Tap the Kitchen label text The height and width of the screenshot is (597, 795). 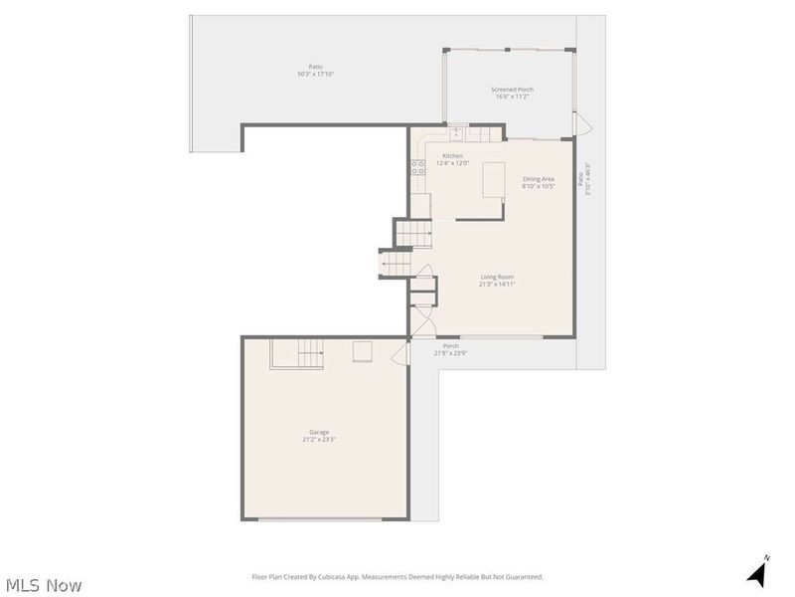pyautogui.click(x=452, y=159)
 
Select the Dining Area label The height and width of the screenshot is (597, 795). pyautogui.click(x=539, y=182)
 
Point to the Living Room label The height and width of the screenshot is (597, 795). pyautogui.click(x=497, y=281)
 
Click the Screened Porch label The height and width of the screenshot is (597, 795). pyautogui.click(x=512, y=93)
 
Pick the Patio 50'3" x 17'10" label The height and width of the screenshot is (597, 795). pyautogui.click(x=315, y=71)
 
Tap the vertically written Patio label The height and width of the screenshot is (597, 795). pyautogui.click(x=587, y=179)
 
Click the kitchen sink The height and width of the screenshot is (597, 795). pyautogui.click(x=457, y=133)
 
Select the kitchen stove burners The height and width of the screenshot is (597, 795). pyautogui.click(x=418, y=168)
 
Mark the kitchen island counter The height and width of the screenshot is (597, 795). pyautogui.click(x=494, y=181)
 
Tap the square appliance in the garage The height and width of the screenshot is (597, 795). pyautogui.click(x=364, y=351)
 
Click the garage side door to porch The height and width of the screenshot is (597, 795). pyautogui.click(x=403, y=354)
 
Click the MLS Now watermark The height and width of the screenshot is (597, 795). pyautogui.click(x=43, y=585)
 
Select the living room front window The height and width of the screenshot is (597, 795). pyautogui.click(x=502, y=337)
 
